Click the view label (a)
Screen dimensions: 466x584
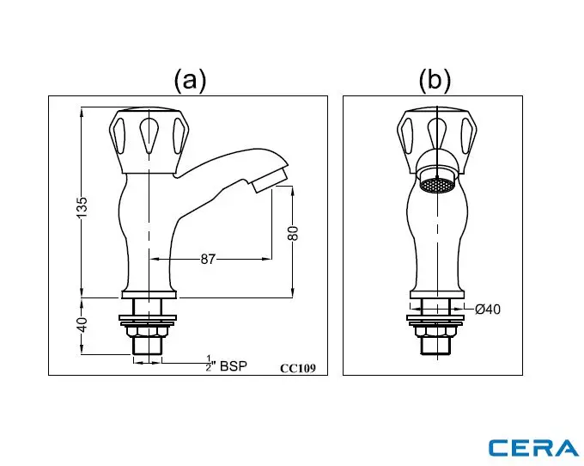point(190,80)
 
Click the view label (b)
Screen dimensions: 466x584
point(435,80)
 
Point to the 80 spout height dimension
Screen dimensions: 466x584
point(292,234)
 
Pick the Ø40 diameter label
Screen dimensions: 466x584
point(487,310)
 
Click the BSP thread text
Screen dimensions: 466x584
point(234,365)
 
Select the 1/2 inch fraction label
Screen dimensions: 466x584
point(209,362)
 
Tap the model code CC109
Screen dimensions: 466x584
point(298,368)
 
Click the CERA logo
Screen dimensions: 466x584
point(532,447)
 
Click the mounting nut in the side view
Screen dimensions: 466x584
point(148,329)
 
